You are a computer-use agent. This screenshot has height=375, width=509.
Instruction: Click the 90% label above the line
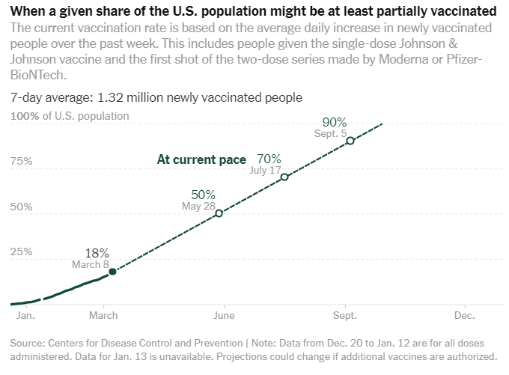[x=335, y=123]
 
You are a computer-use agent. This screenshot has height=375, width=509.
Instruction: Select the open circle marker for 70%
[x=284, y=177]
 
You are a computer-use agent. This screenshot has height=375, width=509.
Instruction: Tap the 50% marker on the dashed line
[x=219, y=213]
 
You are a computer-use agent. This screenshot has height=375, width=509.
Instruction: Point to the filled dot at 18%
[x=112, y=272]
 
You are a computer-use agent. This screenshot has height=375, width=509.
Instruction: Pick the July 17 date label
[x=264, y=171]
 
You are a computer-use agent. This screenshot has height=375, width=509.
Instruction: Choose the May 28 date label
[x=198, y=206]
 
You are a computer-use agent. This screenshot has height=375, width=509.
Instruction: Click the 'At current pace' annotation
[x=201, y=159]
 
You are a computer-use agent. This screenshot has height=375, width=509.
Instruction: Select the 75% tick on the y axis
[x=21, y=162]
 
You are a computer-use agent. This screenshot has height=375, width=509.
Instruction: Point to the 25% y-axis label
[x=21, y=251]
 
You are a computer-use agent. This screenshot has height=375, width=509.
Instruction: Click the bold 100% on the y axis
[x=25, y=116]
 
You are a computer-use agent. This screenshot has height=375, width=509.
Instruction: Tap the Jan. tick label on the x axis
[x=25, y=317]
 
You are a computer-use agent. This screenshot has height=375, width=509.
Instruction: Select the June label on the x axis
[x=224, y=317]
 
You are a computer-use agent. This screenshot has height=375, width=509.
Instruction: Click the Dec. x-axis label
[x=465, y=317]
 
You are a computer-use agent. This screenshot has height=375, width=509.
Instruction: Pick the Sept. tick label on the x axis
[x=345, y=317]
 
